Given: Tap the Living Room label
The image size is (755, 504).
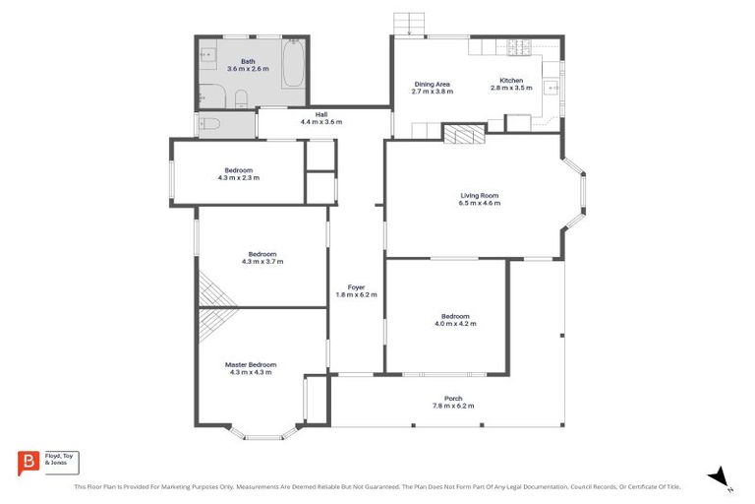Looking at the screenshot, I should click(x=480, y=195).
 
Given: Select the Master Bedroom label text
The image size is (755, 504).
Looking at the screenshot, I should click(x=251, y=364).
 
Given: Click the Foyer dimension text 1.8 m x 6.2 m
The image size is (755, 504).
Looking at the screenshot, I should click(x=356, y=295).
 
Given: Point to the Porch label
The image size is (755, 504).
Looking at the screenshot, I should click(x=452, y=399).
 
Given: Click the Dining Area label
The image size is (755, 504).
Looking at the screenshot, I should click(x=432, y=84).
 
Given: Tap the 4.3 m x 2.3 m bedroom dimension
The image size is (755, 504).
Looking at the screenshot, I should click(x=239, y=178).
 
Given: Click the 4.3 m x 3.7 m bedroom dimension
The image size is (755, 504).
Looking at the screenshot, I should click(x=261, y=262).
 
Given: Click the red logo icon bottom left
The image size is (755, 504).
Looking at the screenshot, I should click(x=29, y=461).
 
